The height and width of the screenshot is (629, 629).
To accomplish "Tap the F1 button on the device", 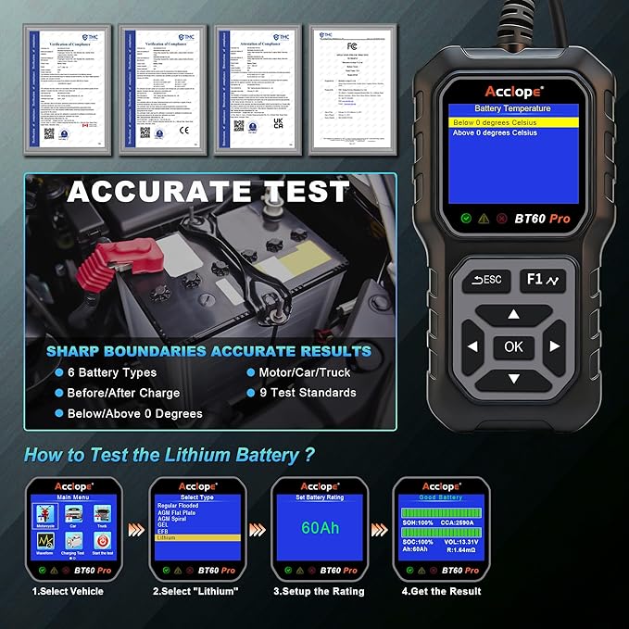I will (x=545, y=279).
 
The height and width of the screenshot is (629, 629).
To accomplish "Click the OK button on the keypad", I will (x=513, y=346).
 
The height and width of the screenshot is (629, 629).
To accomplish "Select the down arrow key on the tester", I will (x=513, y=380).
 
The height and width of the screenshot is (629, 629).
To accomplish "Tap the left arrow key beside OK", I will (x=472, y=347).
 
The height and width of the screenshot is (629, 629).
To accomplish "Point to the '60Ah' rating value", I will (x=320, y=529).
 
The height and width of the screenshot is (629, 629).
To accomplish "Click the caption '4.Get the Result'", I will (x=442, y=591).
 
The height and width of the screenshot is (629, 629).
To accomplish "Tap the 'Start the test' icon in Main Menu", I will (x=102, y=541).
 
